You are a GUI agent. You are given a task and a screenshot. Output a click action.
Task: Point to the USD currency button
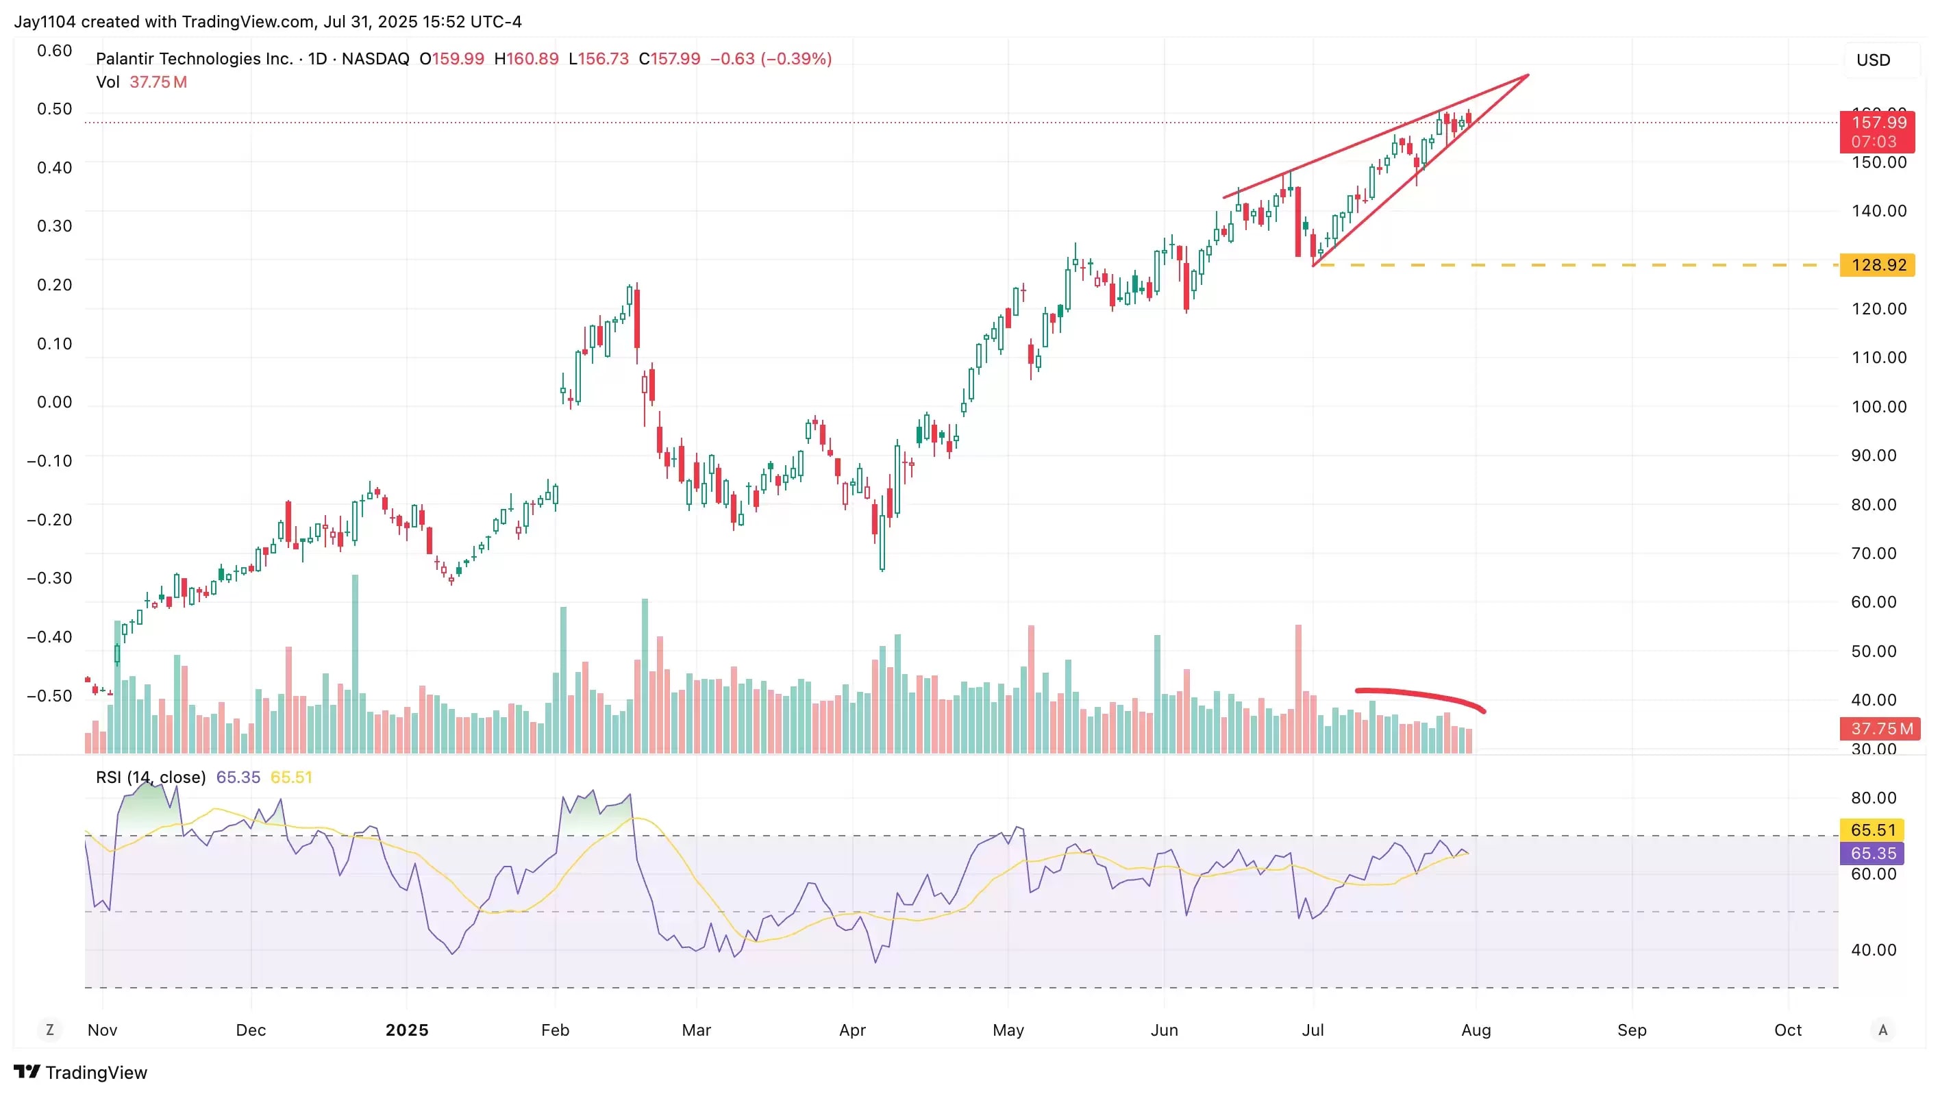tap(1873, 60)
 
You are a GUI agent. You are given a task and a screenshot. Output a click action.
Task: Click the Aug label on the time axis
tap(1476, 1030)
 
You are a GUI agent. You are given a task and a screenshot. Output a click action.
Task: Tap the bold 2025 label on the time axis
tap(407, 1030)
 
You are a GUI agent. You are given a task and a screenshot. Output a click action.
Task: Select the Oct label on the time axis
tap(1787, 1030)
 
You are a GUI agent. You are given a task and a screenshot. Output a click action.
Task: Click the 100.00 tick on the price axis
tap(1878, 407)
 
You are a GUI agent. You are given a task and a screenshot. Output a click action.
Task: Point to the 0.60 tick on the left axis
tap(54, 51)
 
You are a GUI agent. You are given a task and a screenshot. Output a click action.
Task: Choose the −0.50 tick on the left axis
tap(50, 695)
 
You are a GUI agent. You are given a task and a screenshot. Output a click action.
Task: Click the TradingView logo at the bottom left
tap(81, 1072)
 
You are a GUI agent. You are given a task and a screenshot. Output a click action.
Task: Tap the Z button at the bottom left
tap(50, 1029)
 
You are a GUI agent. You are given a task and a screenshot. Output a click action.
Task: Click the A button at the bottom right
tap(1882, 1030)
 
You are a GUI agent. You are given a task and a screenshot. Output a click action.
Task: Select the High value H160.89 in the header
tap(525, 59)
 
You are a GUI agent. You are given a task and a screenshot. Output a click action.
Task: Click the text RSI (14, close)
tap(151, 777)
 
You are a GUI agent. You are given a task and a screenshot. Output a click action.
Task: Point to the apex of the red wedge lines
tap(1528, 75)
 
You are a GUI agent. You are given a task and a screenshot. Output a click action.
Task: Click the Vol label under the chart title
tap(108, 82)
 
